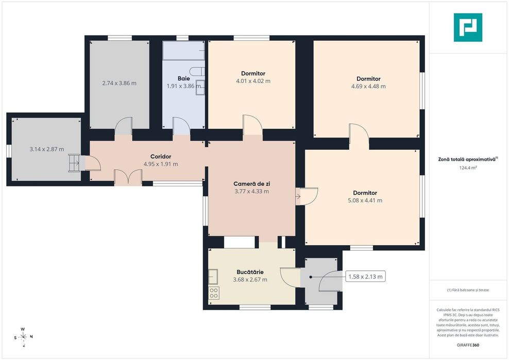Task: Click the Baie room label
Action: coord(184,78)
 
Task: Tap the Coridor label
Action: coord(161,157)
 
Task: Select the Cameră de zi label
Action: coord(251,184)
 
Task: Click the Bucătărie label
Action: coord(250,272)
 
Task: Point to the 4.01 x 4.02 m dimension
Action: coord(253,81)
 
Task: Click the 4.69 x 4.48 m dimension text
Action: coord(368,87)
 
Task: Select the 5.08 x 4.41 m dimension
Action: coord(365,201)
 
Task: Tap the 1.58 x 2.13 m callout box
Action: coord(365,277)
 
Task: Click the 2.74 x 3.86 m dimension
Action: coord(119,83)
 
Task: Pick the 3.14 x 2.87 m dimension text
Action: coord(47,149)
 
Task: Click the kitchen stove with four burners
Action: coord(214,293)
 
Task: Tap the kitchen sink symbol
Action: coord(213,277)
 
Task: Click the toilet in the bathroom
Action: coord(197,71)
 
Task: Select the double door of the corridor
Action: coord(128,177)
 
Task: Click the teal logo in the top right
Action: coord(468,28)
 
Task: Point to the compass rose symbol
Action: coord(23,337)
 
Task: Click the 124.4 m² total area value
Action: coord(468,168)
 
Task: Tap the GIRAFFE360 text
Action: coord(468,345)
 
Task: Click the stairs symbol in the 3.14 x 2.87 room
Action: coord(74,163)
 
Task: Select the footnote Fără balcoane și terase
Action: coord(468,290)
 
